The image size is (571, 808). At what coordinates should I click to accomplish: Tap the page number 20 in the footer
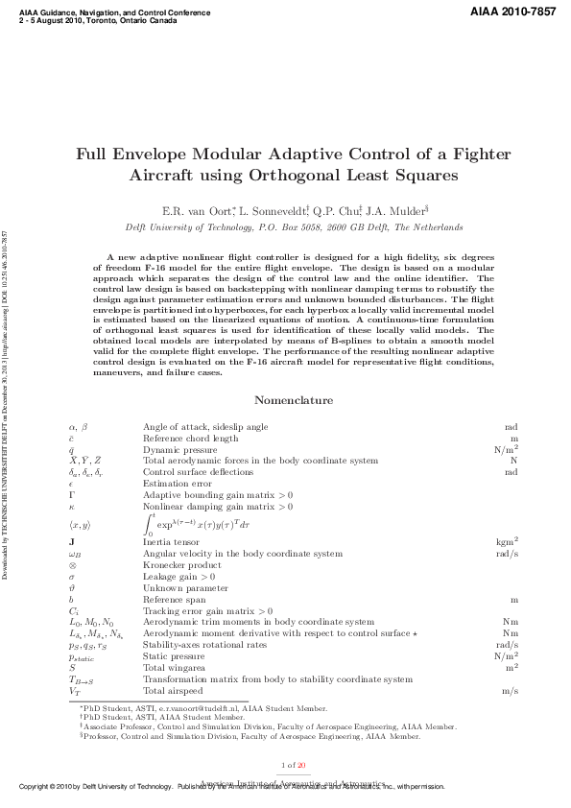pyautogui.click(x=301, y=765)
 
